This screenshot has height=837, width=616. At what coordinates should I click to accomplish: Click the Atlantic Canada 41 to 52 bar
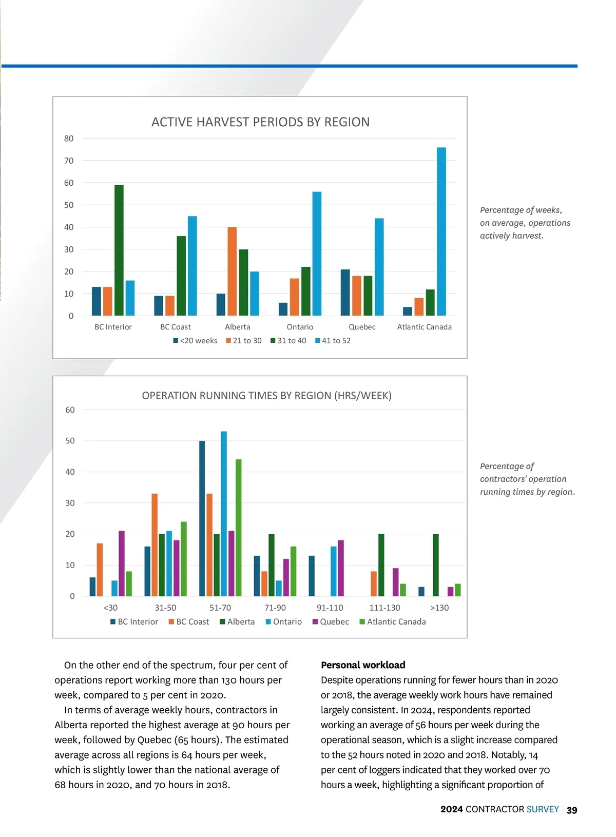point(441,231)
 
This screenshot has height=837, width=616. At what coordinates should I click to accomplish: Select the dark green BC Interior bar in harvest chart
point(119,250)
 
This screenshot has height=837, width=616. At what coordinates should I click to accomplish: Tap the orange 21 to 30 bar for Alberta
point(232,271)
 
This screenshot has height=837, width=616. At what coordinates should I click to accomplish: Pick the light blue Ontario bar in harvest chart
point(317,254)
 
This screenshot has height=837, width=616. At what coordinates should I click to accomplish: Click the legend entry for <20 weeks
point(195,341)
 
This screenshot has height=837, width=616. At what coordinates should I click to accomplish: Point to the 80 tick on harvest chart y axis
point(69,139)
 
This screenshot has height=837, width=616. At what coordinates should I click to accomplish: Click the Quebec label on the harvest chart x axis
point(362,327)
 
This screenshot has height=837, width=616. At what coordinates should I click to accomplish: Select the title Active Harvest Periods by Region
point(260,122)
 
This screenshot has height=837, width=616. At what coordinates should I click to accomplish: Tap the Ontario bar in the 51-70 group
point(224,514)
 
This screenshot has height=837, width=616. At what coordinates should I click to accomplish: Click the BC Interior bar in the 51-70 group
point(202,518)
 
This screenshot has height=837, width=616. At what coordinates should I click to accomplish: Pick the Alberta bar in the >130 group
point(436,565)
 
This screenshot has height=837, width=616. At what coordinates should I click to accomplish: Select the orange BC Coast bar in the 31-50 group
point(155,545)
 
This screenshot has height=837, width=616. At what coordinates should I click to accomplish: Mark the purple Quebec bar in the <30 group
point(122,563)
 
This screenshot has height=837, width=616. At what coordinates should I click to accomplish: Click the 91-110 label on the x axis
point(330,608)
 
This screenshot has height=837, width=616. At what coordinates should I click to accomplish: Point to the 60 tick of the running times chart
point(70,410)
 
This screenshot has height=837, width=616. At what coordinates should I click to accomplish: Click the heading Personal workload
point(363,665)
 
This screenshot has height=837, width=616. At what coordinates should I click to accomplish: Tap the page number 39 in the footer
point(572,810)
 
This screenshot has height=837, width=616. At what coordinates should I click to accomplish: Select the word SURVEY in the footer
point(543,809)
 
